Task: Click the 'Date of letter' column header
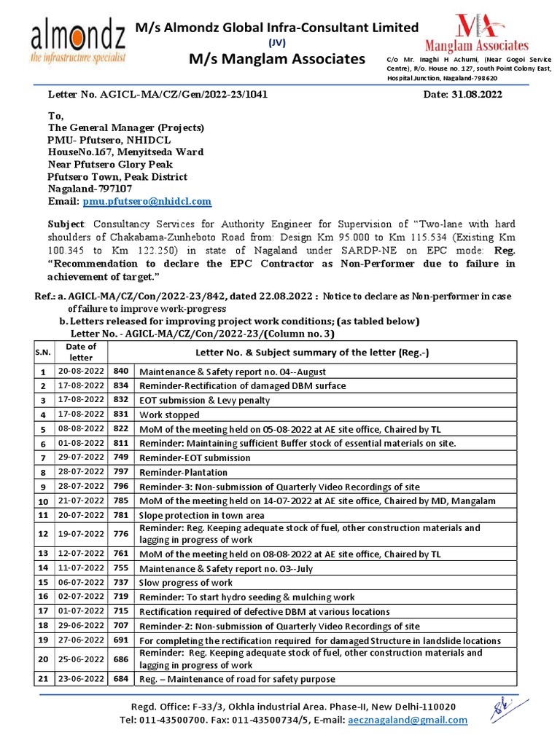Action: pos(80,352)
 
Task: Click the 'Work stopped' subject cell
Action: pos(163,415)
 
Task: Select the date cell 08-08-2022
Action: pos(81,429)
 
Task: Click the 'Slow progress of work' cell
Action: pos(186,582)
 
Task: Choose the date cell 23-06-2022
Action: pos(81,679)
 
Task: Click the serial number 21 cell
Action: pos(41,679)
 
